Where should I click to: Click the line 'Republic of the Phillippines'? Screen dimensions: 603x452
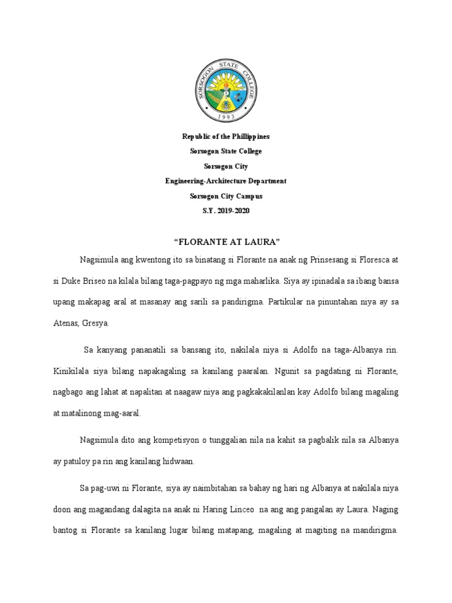pos(226,137)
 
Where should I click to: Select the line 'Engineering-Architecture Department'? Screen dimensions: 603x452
pos(226,181)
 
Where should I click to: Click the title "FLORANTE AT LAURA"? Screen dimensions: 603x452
pos(226,241)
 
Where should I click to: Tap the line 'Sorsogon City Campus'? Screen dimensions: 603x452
pos(226,196)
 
